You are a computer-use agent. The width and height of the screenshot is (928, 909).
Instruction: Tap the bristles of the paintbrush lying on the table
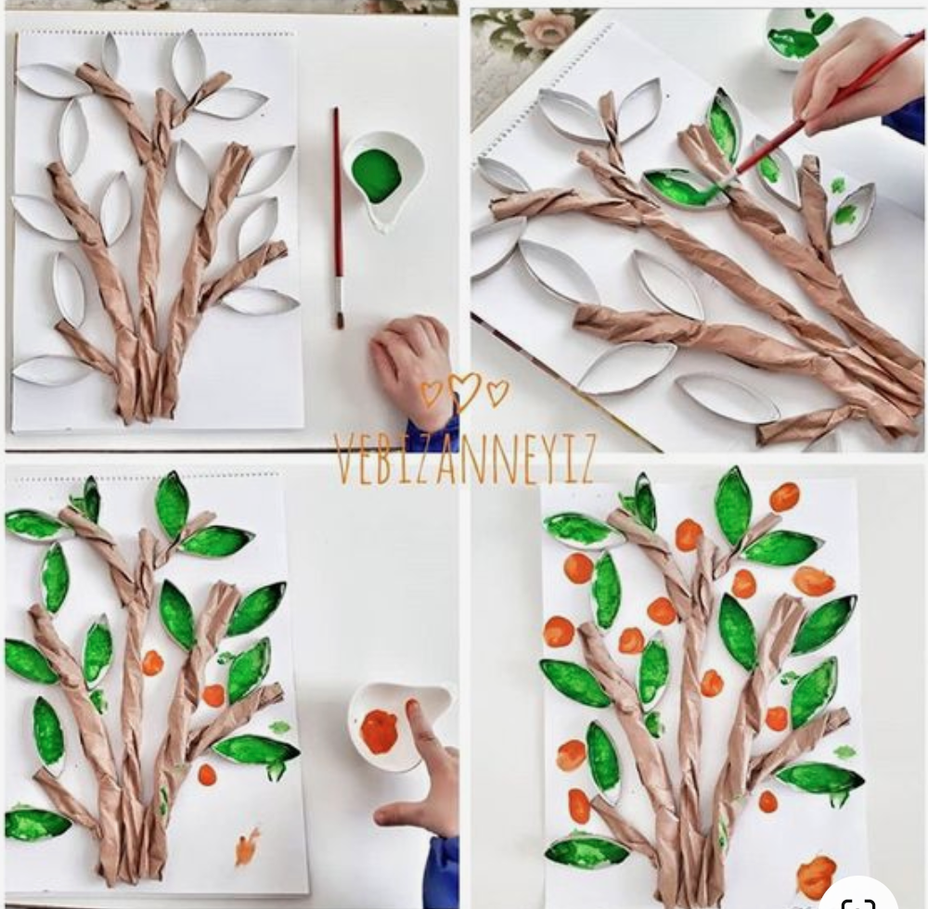(x=340, y=314)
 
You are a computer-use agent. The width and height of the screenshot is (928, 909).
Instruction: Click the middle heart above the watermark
(x=465, y=390)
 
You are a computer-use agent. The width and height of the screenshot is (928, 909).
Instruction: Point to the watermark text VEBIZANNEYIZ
(x=464, y=459)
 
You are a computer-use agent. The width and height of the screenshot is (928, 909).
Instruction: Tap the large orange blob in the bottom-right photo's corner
(x=817, y=876)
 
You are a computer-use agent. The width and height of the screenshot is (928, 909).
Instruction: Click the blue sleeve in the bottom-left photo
(x=443, y=871)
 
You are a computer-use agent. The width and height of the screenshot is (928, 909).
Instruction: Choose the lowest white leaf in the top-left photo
(x=51, y=370)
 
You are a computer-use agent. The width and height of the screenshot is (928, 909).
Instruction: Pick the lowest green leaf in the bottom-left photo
(x=37, y=825)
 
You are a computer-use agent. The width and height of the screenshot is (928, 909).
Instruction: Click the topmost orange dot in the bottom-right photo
(x=785, y=497)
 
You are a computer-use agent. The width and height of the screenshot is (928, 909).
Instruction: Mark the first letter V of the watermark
(x=343, y=460)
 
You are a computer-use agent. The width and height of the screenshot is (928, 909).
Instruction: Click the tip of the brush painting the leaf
(x=720, y=184)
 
